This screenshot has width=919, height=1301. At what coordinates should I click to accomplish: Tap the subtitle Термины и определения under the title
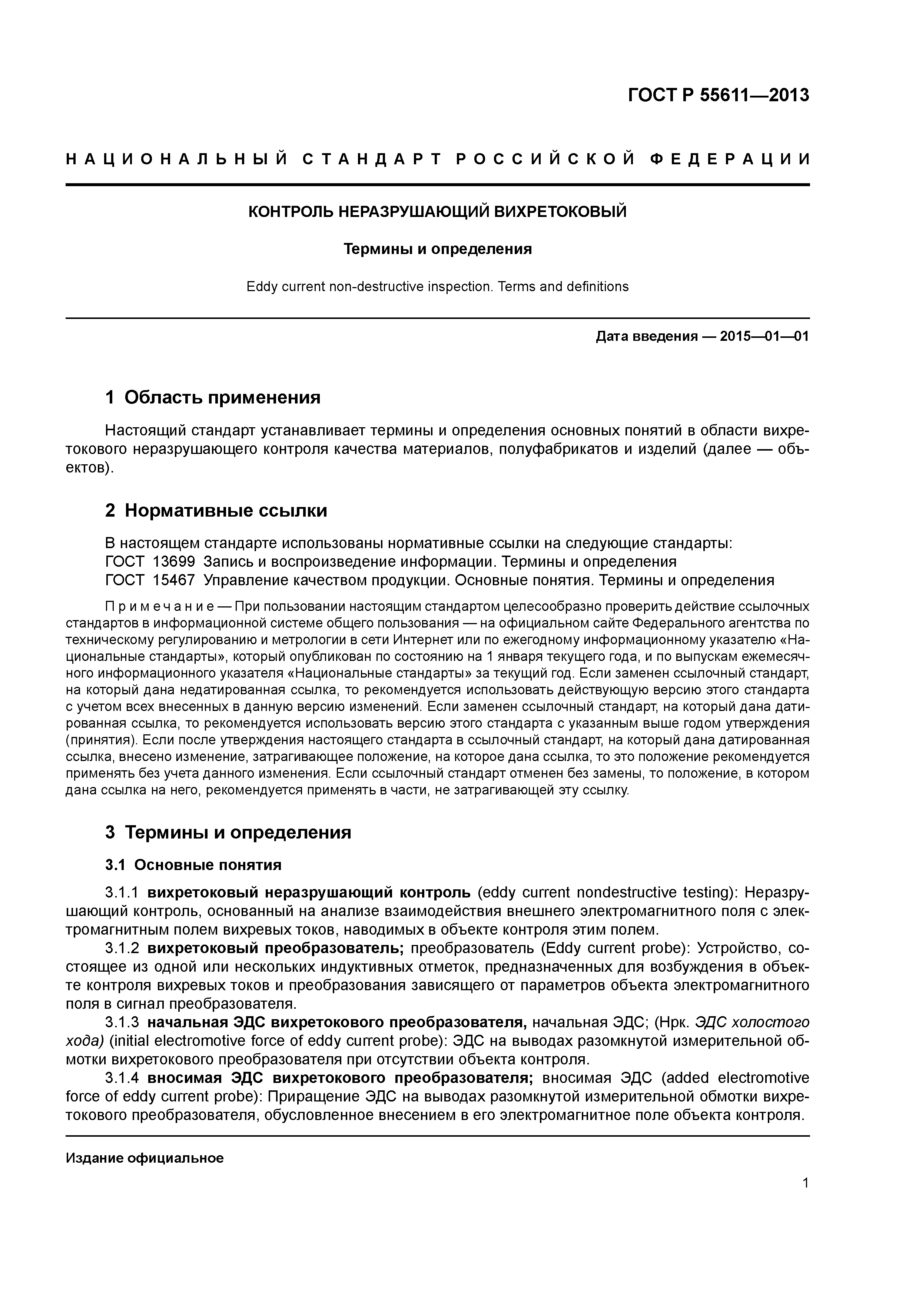[x=438, y=249]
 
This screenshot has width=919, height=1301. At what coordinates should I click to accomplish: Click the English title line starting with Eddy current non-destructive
[x=437, y=287]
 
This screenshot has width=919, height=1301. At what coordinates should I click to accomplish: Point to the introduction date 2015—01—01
[x=764, y=337]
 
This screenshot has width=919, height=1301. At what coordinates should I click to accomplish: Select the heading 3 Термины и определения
[x=228, y=832]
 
